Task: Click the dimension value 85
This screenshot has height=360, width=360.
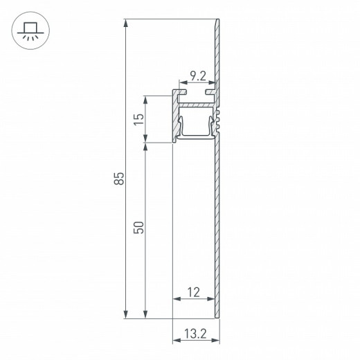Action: point(119,179)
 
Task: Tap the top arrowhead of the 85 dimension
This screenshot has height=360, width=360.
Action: point(125,25)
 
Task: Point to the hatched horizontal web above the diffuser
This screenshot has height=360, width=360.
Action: point(195,103)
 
